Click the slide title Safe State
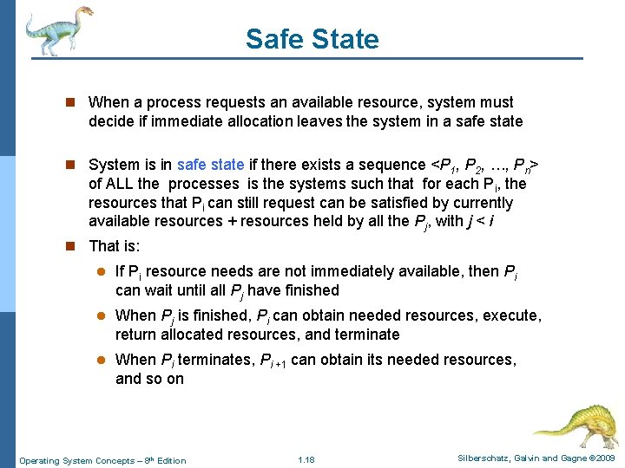tap(312, 39)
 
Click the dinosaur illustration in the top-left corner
tap(56, 29)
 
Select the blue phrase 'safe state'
tap(210, 165)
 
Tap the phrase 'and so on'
tap(149, 379)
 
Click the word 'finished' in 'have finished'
tap(309, 290)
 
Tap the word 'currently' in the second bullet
tap(482, 203)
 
